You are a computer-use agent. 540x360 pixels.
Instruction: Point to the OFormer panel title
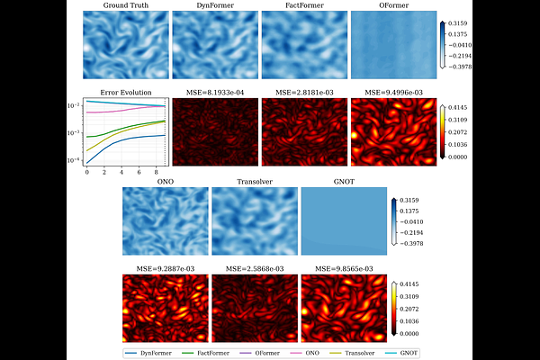[x=389, y=6]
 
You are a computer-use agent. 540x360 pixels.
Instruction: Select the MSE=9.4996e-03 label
[x=389, y=92]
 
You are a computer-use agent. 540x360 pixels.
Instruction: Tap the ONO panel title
[x=165, y=182]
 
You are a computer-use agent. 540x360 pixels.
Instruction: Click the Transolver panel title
[x=254, y=182]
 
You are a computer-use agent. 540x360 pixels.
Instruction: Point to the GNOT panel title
[x=343, y=182]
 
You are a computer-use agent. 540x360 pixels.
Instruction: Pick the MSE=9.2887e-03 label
[x=165, y=268]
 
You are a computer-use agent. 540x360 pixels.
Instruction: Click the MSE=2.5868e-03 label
[x=254, y=268]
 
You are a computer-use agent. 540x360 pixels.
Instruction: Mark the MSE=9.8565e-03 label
[x=343, y=268]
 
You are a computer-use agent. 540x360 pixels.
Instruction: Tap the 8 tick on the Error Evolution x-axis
[x=156, y=172]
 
